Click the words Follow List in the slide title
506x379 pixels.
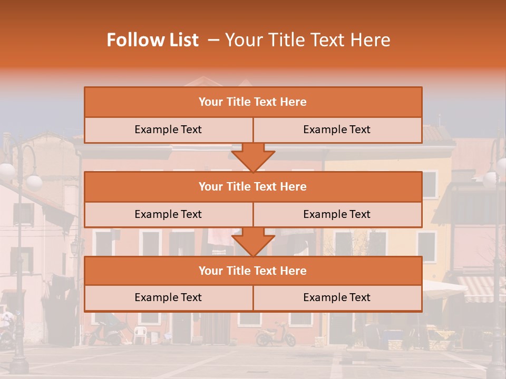153,40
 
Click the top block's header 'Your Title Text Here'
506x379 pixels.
252,102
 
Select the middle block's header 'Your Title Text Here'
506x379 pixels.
252,186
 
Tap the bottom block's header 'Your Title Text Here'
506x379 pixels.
252,271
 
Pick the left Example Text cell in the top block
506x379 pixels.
168,129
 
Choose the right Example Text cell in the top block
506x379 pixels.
337,129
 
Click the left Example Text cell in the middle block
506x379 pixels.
168,214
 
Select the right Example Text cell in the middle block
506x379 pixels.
337,214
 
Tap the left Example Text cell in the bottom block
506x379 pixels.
168,297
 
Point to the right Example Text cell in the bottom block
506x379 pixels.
337,297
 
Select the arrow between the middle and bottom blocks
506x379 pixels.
253,242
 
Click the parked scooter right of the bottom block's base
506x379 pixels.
275,334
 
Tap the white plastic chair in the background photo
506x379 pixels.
140,335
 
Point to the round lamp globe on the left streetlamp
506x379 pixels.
34,182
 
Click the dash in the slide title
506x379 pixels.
213,40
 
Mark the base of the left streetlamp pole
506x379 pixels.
19,363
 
